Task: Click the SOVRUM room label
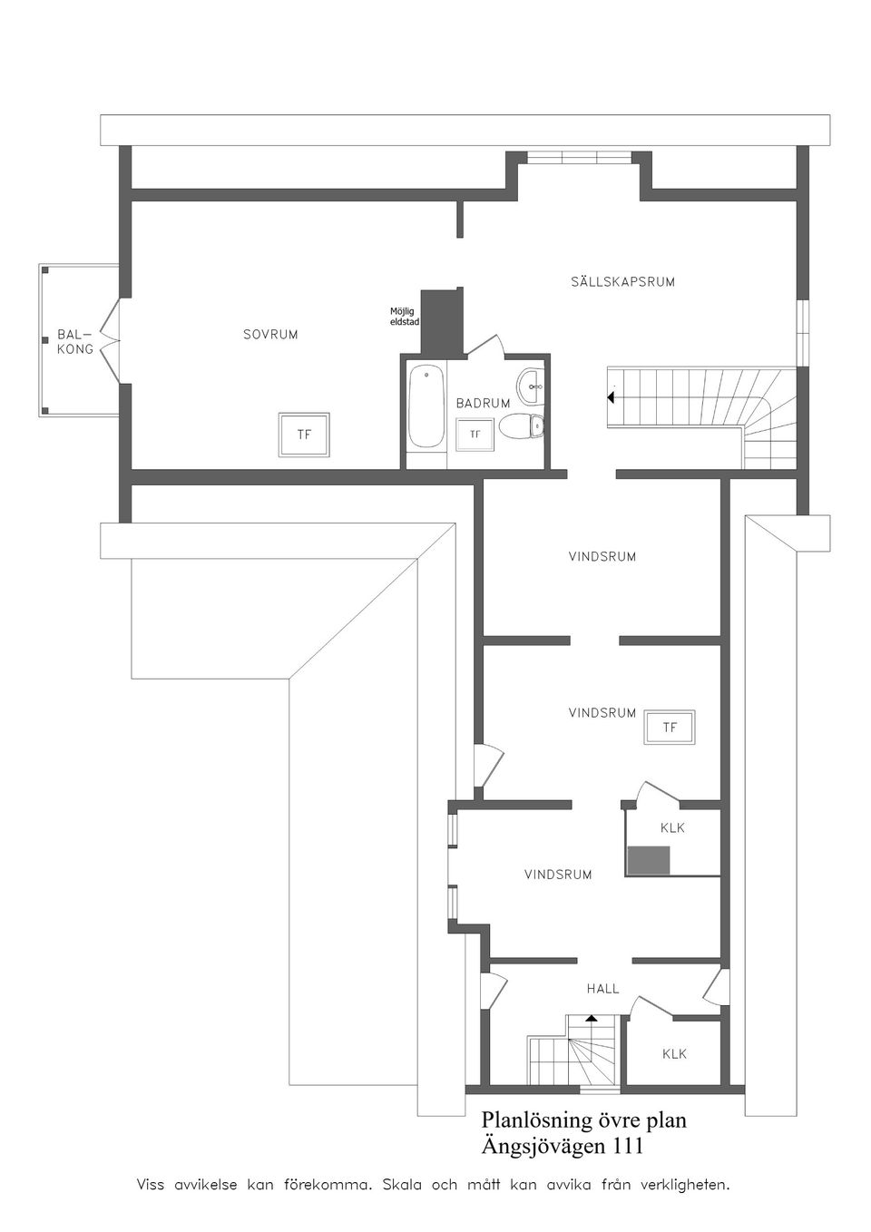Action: [x=270, y=335]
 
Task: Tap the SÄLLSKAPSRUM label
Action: [x=622, y=282]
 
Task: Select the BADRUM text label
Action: [x=483, y=403]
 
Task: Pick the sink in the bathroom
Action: [x=531, y=382]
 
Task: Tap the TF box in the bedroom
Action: [x=304, y=435]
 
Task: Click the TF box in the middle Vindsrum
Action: [x=670, y=728]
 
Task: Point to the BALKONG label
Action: [x=75, y=342]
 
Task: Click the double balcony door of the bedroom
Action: [x=111, y=341]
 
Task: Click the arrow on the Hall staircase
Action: [x=592, y=1019]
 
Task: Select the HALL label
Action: [x=602, y=989]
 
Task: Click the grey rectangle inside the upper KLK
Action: [x=648, y=860]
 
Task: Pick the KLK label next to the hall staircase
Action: [x=674, y=1053]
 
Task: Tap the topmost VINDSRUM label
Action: [x=602, y=557]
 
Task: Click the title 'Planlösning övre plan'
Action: [x=583, y=1120]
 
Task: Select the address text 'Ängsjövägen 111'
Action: [x=563, y=1147]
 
